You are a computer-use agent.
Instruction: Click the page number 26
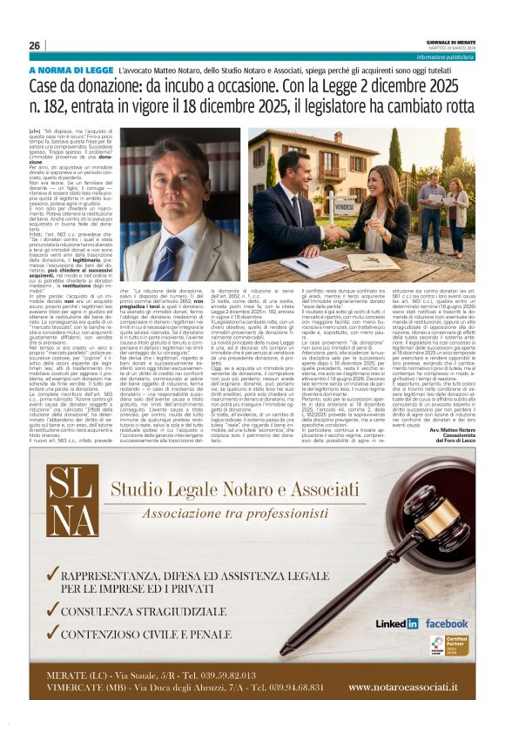[35, 45]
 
